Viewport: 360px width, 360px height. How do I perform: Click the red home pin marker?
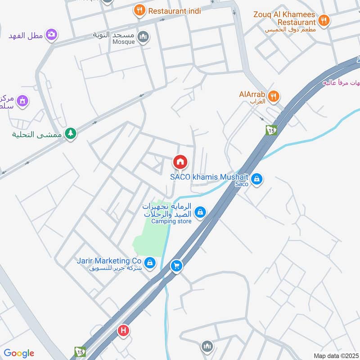pyautogui.click(x=180, y=162)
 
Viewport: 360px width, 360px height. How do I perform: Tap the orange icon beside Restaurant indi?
pyautogui.click(x=139, y=10)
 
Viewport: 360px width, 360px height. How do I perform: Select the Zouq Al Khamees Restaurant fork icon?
pyautogui.click(x=323, y=20)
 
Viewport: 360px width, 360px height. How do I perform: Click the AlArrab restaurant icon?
pyautogui.click(x=273, y=96)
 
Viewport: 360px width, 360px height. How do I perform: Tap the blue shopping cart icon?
pyautogui.click(x=176, y=266)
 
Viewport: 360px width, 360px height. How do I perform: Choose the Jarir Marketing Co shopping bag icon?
pyautogui.click(x=150, y=262)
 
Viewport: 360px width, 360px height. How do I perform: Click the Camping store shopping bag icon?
pyautogui.click(x=200, y=211)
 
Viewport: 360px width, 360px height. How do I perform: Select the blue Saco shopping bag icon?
pyautogui.click(x=256, y=179)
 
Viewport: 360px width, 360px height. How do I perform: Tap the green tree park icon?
pyautogui.click(x=70, y=133)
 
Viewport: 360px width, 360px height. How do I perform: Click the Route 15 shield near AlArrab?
pyautogui.click(x=271, y=130)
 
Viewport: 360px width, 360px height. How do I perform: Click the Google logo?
pyautogui.click(x=19, y=353)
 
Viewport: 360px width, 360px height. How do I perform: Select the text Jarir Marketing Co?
pyautogui.click(x=109, y=261)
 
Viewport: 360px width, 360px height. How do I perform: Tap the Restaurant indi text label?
pyautogui.click(x=175, y=11)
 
